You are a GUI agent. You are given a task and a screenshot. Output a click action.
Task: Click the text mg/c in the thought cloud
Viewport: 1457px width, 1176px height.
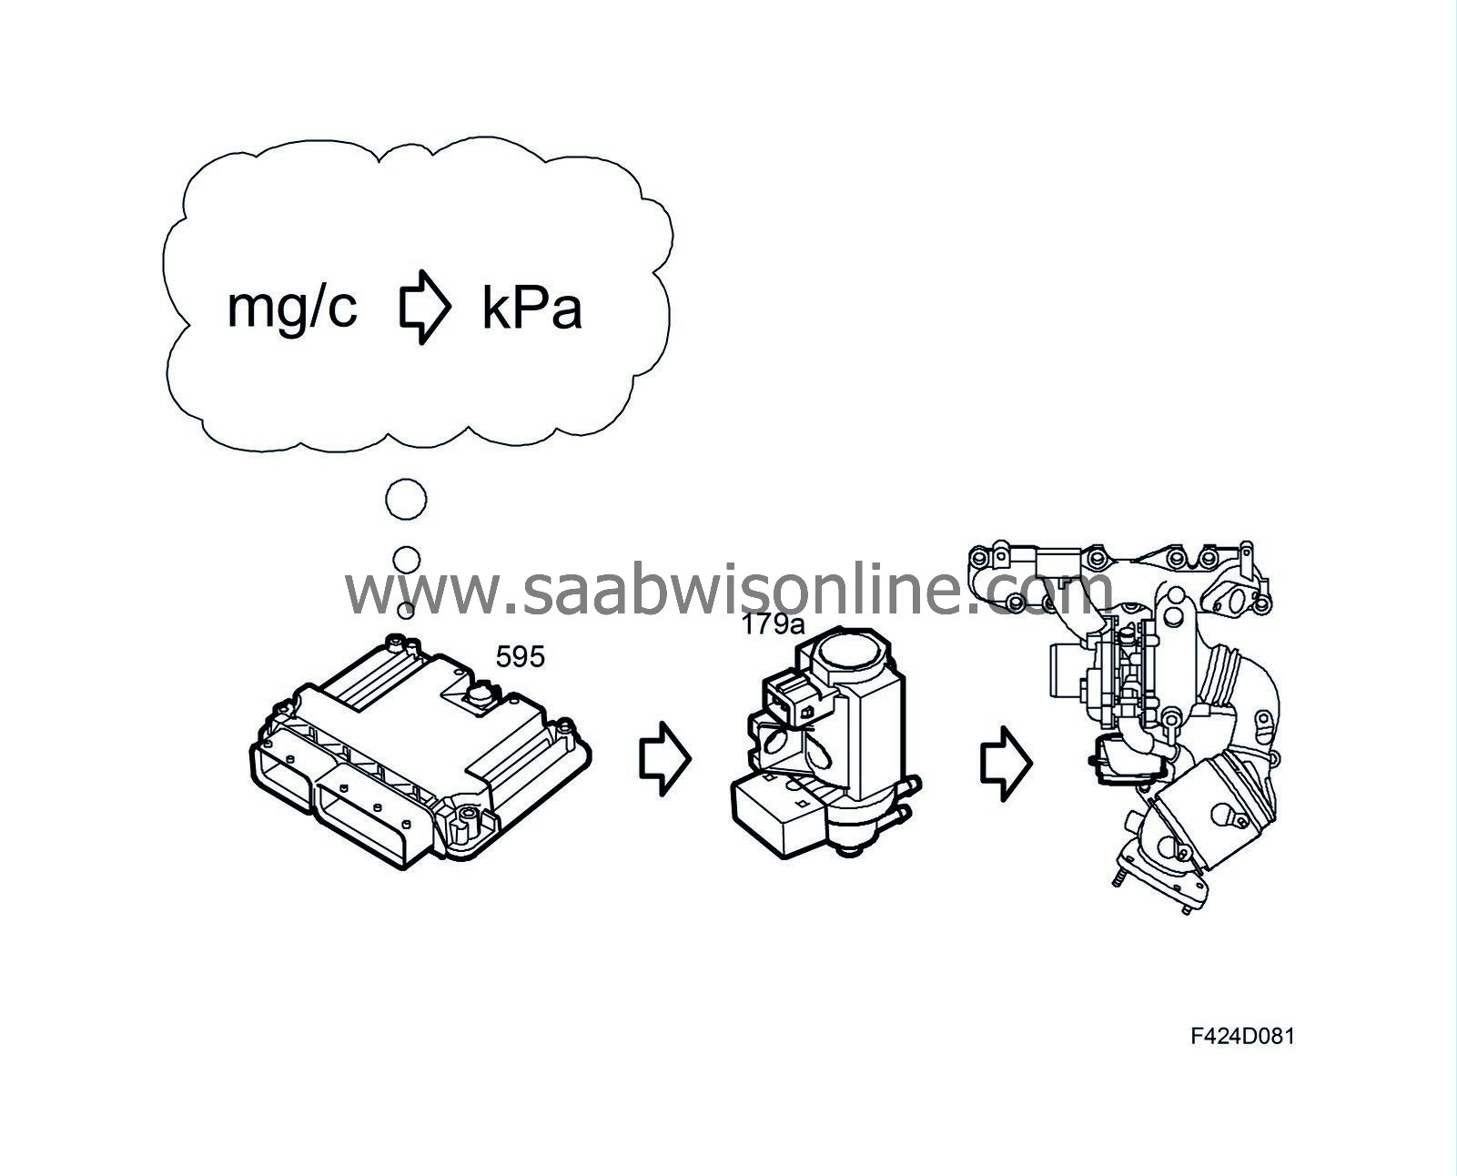[x=292, y=310]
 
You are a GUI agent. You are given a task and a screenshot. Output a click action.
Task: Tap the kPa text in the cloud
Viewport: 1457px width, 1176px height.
[x=531, y=309]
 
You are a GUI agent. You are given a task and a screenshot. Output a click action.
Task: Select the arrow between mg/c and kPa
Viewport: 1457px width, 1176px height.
[x=424, y=307]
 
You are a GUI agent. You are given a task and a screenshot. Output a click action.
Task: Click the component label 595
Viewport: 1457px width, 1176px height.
[x=520, y=656]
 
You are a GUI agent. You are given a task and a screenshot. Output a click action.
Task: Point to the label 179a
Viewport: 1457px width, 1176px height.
[x=774, y=623]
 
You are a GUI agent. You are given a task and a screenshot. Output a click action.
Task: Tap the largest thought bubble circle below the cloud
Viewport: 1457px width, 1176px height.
[x=406, y=500]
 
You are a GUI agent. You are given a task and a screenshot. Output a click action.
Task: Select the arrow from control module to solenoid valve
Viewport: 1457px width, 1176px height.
[x=665, y=758]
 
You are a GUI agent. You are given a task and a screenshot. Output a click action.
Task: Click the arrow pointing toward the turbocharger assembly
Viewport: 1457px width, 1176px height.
[x=1007, y=764]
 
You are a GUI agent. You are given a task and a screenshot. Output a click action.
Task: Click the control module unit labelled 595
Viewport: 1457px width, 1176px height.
[x=420, y=751]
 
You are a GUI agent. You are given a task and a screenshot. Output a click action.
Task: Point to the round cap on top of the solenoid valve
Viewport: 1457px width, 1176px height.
[x=848, y=650]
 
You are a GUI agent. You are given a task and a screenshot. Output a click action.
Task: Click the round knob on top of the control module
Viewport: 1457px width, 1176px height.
[x=480, y=695]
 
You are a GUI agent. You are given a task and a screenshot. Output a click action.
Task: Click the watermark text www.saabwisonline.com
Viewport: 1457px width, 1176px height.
[x=729, y=589]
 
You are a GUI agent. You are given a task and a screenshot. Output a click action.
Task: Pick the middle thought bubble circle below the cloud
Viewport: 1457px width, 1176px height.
[x=406, y=560]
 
